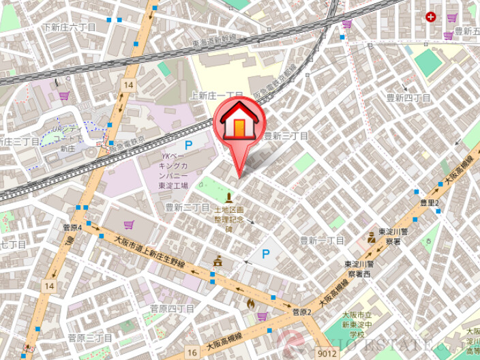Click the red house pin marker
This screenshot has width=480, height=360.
click(x=239, y=123)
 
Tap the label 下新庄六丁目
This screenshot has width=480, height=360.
click(x=68, y=27)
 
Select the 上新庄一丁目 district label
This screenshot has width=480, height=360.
click(x=217, y=96)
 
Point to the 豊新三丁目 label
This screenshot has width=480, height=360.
click(x=286, y=136)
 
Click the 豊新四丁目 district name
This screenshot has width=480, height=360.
click(x=408, y=98)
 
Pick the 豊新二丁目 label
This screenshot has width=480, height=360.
click(x=187, y=207)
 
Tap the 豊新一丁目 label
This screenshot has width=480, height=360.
click(x=322, y=241)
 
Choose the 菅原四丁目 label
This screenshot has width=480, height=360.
click(x=172, y=309)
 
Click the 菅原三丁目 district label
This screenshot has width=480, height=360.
click(x=90, y=337)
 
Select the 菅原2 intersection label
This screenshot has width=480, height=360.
click(x=301, y=312)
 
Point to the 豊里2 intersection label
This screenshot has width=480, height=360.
click(x=430, y=203)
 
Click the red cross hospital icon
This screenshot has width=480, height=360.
click(x=430, y=16)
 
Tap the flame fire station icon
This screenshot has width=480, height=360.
click(x=250, y=301)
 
